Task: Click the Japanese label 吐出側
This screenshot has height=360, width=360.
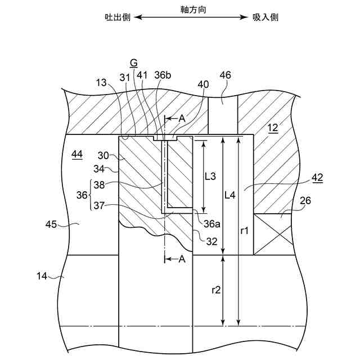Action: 118,17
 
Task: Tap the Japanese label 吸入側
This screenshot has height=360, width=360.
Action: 265,17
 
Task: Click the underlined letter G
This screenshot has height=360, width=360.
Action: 133,62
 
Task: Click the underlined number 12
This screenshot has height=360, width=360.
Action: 273,128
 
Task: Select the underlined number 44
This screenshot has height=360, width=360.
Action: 77,154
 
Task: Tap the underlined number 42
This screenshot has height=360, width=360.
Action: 318,178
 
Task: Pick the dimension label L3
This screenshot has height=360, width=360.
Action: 210,176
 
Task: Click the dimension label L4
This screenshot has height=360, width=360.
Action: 230,195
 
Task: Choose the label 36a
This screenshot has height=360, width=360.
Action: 211,223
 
